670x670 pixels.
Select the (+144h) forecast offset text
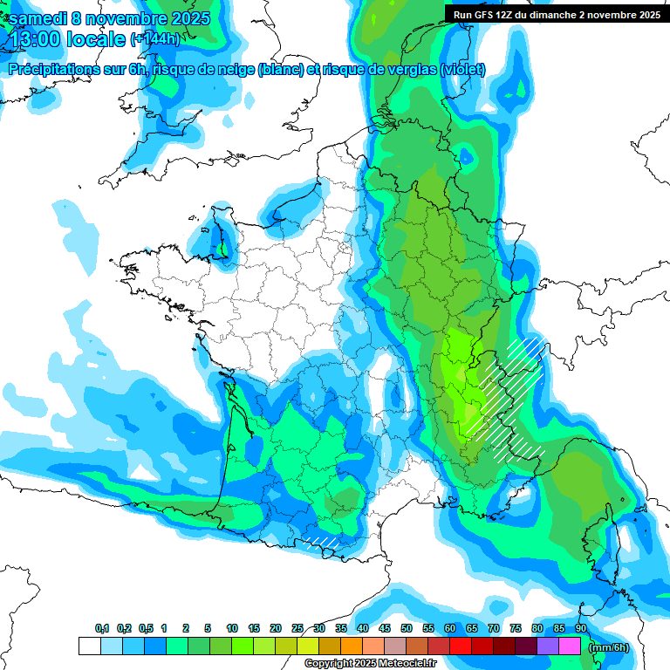pyautogui.click(x=154, y=39)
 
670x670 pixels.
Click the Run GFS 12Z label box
pyautogui.click(x=553, y=14)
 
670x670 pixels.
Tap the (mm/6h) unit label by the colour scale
pyautogui.click(x=609, y=647)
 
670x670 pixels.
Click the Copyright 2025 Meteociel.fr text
pyautogui.click(x=370, y=664)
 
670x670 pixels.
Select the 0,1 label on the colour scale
pyautogui.click(x=102, y=628)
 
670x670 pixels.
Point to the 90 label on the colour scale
pyautogui.click(x=580, y=628)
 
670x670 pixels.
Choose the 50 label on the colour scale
pyautogui.click(x=407, y=628)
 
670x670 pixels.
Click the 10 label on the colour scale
pyautogui.click(x=232, y=628)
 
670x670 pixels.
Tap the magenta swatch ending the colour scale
pyautogui.click(x=570, y=646)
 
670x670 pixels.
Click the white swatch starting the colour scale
pyautogui.click(x=89, y=646)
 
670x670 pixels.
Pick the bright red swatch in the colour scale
pyautogui.click(x=461, y=646)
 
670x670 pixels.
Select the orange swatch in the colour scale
pyautogui.click(x=352, y=646)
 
